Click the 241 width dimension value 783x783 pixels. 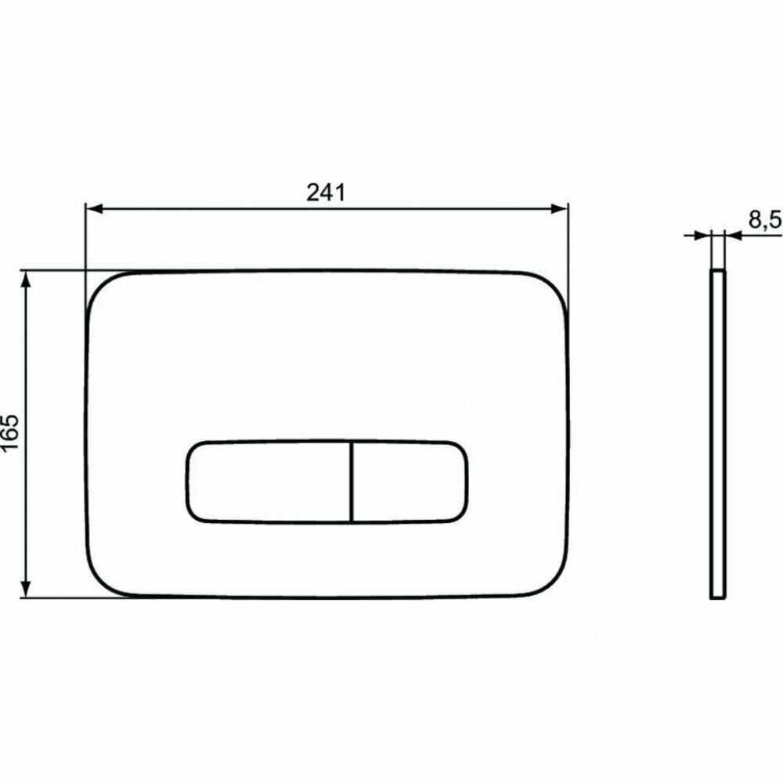pyautogui.click(x=326, y=193)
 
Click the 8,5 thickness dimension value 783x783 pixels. pyautogui.click(x=763, y=220)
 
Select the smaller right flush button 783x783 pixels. pyautogui.click(x=410, y=481)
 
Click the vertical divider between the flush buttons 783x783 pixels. pyautogui.click(x=352, y=481)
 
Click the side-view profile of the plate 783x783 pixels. pyautogui.click(x=717, y=435)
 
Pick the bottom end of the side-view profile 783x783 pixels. pyautogui.click(x=717, y=597)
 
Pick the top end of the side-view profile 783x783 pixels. pyautogui.click(x=717, y=273)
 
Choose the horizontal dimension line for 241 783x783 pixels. pyautogui.click(x=235, y=209)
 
